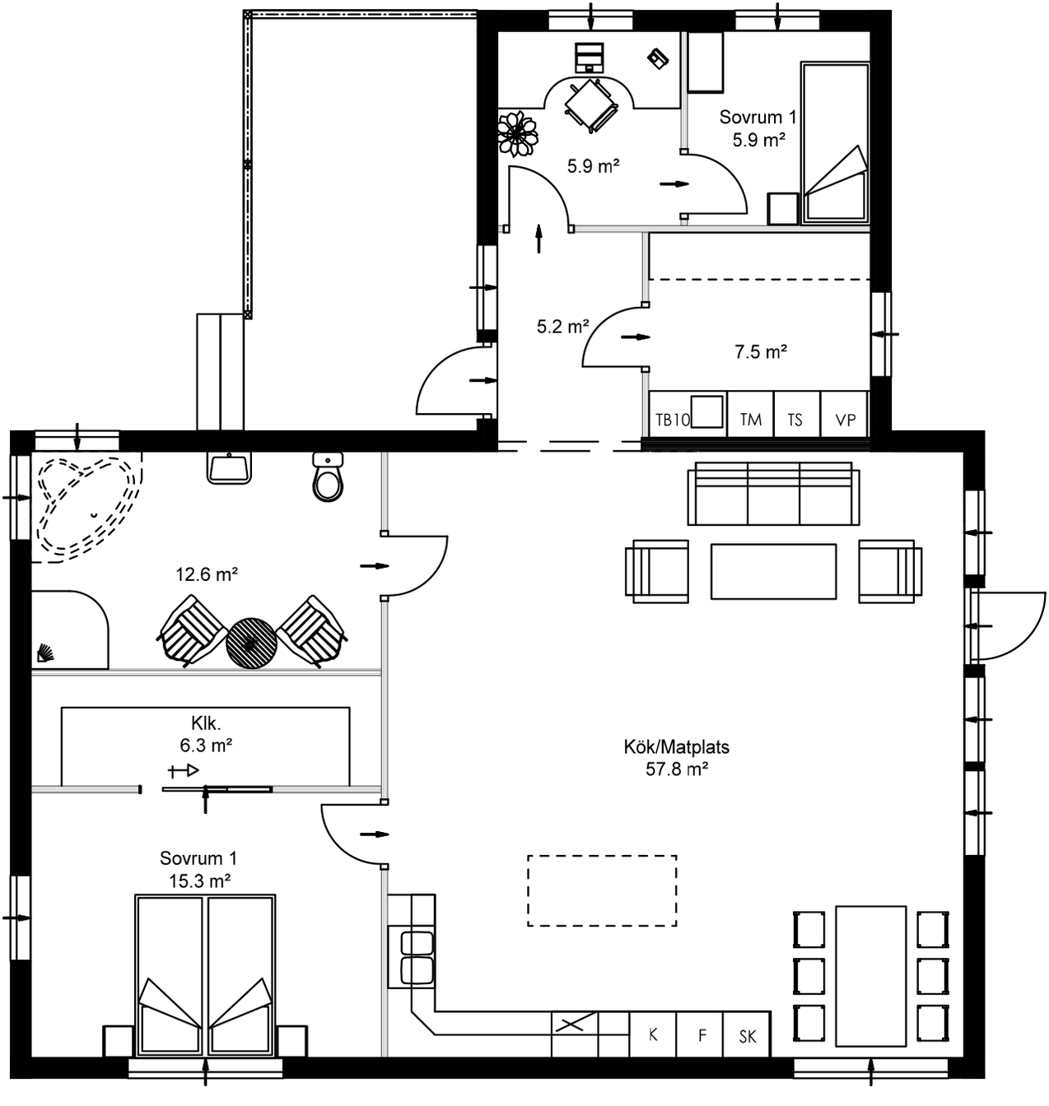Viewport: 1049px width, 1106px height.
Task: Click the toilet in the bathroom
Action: [328, 479]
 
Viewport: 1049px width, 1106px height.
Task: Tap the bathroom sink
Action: [229, 468]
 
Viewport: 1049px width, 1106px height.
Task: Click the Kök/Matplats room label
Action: [676, 747]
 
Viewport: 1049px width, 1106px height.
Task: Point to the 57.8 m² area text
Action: [676, 769]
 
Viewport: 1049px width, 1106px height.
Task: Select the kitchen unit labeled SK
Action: [747, 1036]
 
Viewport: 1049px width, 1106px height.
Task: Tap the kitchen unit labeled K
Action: [653, 1034]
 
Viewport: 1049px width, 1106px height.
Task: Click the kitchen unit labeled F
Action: [702, 1034]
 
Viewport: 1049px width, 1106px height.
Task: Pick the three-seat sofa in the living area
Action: [773, 494]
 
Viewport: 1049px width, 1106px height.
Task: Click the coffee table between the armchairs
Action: [773, 571]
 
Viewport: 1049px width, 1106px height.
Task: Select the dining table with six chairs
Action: [870, 976]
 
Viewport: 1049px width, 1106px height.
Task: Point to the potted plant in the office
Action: [517, 133]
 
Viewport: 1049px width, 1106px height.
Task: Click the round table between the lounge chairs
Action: [251, 643]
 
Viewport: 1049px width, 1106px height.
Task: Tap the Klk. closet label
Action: [206, 723]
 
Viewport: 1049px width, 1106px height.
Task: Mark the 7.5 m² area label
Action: [760, 352]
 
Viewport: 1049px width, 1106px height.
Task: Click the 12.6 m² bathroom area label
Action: [207, 574]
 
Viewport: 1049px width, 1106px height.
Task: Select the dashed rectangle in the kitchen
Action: [602, 890]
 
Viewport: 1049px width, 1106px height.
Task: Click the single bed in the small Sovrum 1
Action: [836, 143]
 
